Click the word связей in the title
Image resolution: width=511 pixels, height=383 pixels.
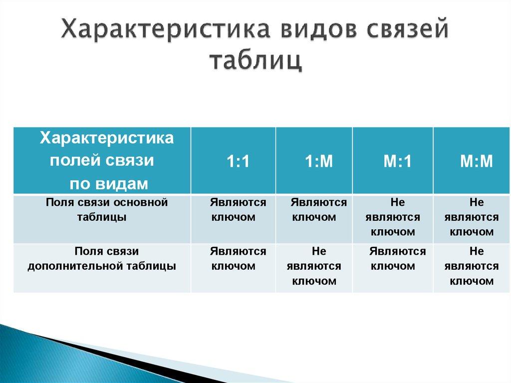(x=401, y=31)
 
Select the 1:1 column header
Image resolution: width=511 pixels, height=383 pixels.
(x=238, y=161)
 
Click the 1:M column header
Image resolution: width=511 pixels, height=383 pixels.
(x=318, y=161)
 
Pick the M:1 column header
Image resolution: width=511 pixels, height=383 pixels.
(x=397, y=161)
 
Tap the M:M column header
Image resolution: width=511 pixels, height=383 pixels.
(x=476, y=161)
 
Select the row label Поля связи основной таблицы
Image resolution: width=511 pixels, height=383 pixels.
(x=102, y=210)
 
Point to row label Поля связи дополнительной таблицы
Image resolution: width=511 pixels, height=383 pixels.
(x=102, y=259)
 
